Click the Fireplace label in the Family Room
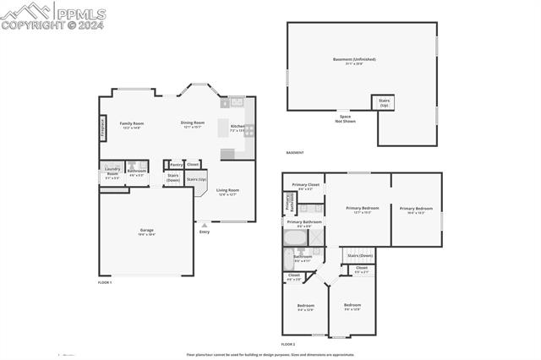pos(103,128)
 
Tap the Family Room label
pos(130,123)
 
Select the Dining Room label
pos(193,123)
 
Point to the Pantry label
pos(177,165)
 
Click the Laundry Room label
pos(112,172)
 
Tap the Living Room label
pos(227,190)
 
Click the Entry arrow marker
pos(204,225)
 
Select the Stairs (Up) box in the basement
pos(384,103)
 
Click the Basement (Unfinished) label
pos(354,59)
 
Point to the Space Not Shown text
pos(344,118)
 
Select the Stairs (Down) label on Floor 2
pos(360,255)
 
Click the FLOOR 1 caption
pos(105,281)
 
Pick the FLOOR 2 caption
pos(288,344)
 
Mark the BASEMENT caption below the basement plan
pos(295,153)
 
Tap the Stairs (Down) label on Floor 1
pos(172,177)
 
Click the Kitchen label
pos(238,127)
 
